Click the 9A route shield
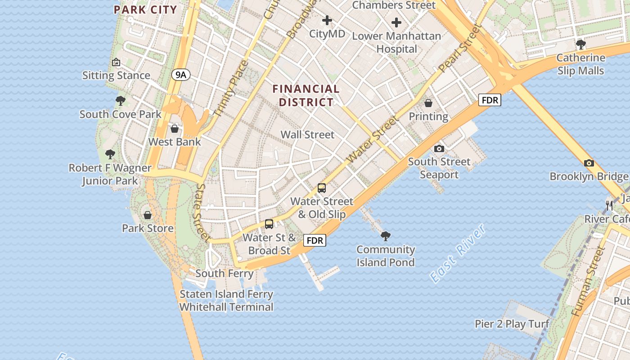180,75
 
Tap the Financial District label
306,95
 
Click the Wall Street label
308,135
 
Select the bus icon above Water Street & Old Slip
322,188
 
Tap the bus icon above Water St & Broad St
269,224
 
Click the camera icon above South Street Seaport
439,148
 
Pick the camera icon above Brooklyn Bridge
589,163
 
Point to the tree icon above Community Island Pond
385,236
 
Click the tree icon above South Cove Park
120,101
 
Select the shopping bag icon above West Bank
175,129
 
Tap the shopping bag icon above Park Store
148,215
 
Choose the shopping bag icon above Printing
428,103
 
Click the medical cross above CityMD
327,20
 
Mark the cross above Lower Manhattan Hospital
396,22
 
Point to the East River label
458,253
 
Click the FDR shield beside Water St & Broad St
315,240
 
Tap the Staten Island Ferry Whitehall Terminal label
226,301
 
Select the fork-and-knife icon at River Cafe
609,206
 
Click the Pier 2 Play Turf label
512,324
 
